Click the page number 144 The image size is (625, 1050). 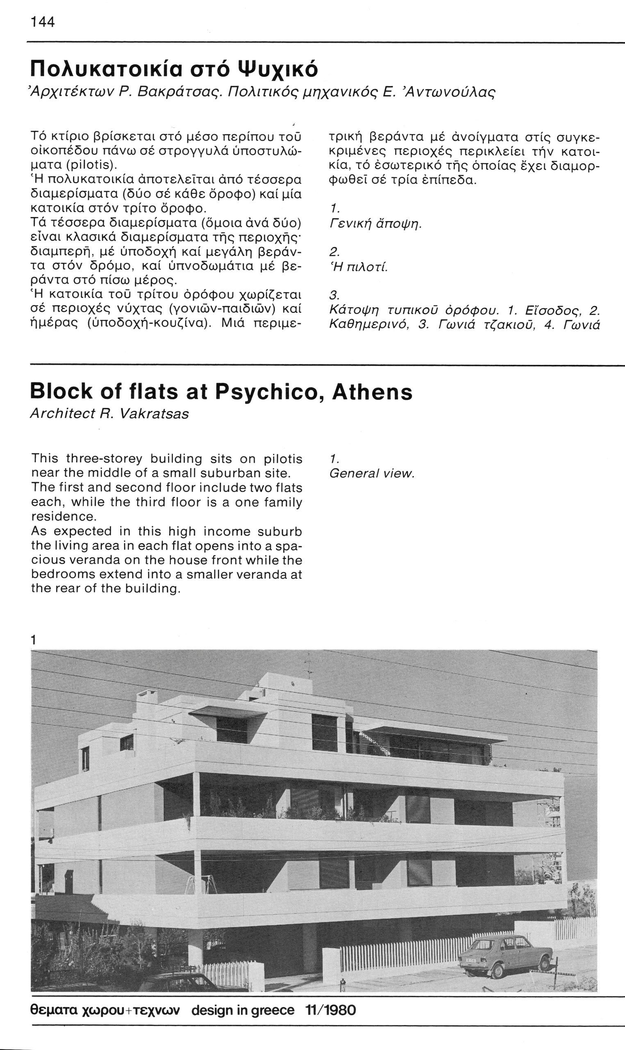[43, 22]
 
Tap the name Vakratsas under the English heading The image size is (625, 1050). [154, 414]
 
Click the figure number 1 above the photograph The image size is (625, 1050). [34, 640]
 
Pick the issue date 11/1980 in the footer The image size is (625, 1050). [332, 1018]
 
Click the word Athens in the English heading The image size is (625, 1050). [372, 393]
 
